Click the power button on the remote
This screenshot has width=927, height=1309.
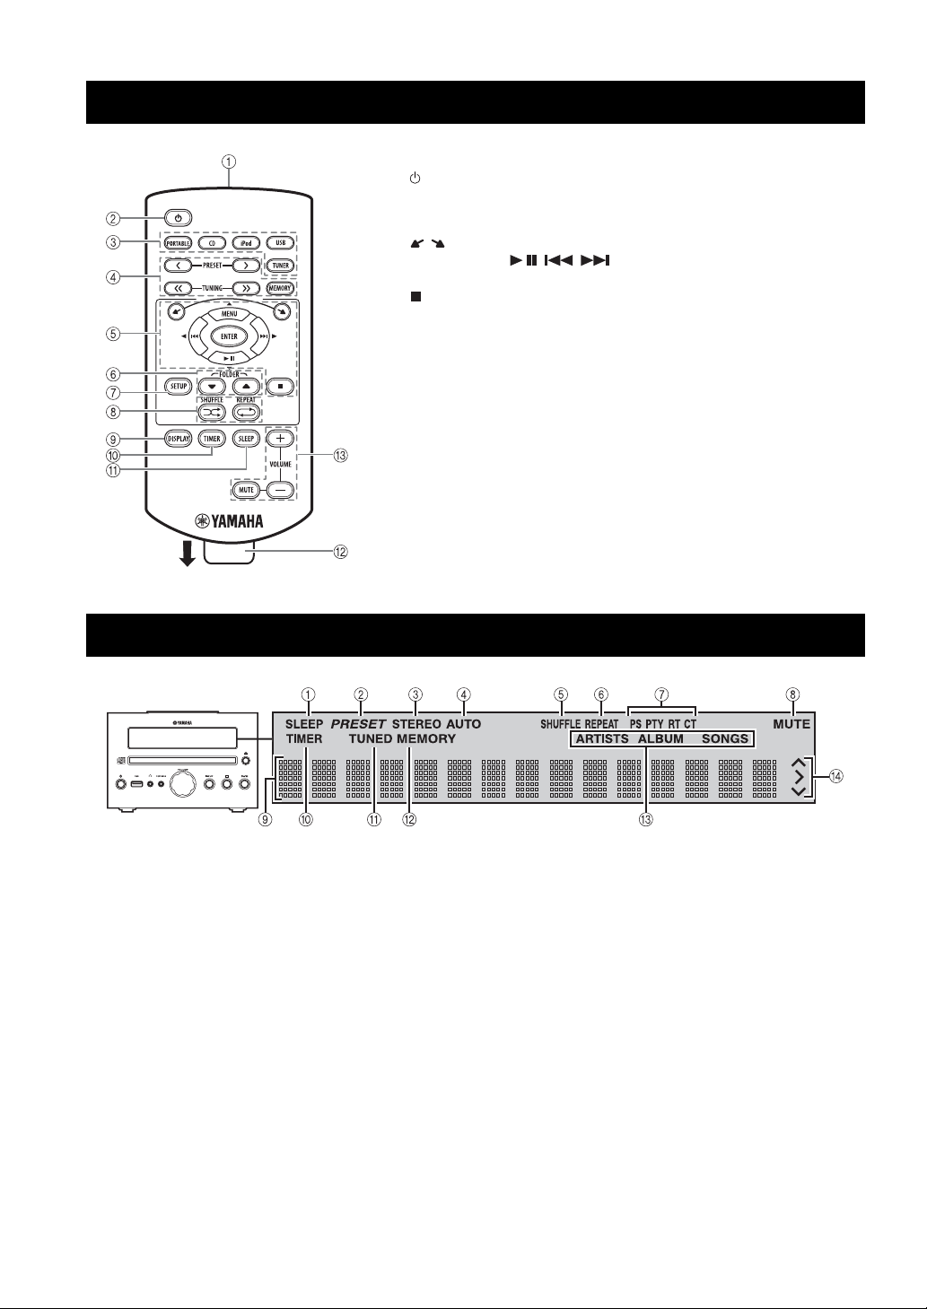(x=179, y=218)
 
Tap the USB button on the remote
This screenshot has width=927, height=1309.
(x=280, y=243)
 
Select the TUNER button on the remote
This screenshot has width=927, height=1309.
(x=280, y=266)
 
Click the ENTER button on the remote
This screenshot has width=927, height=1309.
(x=229, y=336)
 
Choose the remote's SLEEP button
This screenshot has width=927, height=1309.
(x=245, y=439)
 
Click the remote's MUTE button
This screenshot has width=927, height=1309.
(x=247, y=490)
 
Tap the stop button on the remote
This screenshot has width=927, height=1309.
(x=280, y=387)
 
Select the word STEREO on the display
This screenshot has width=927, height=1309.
(x=416, y=723)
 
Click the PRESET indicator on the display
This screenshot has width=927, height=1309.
(x=358, y=723)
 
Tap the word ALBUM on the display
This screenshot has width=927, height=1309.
(x=660, y=739)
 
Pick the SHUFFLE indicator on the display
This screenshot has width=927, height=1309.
(x=560, y=723)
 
